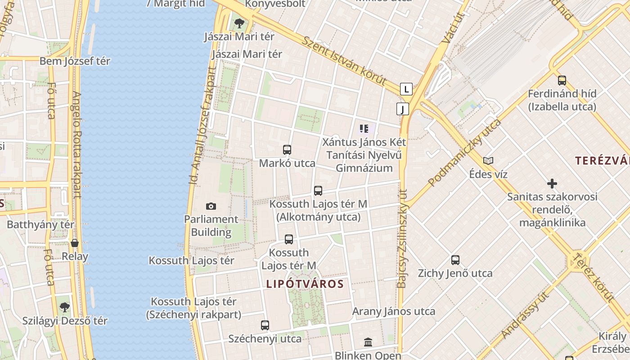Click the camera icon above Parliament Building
(211, 206)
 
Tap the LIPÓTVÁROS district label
(305, 284)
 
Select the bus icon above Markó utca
(287, 150)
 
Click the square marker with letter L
(406, 89)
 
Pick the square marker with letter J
(402, 108)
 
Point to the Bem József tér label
(75, 61)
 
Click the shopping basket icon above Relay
(75, 243)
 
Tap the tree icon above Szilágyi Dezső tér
(65, 307)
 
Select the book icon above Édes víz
(488, 161)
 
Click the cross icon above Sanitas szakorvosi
(552, 184)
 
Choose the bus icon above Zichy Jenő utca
(455, 260)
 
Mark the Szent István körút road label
(344, 61)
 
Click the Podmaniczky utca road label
(464, 153)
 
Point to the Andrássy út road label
(526, 315)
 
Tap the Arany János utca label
(393, 311)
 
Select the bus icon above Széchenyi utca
(265, 325)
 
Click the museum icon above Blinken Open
(368, 342)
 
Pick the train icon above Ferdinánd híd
(562, 81)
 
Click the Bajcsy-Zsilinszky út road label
(402, 238)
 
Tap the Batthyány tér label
(40, 225)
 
